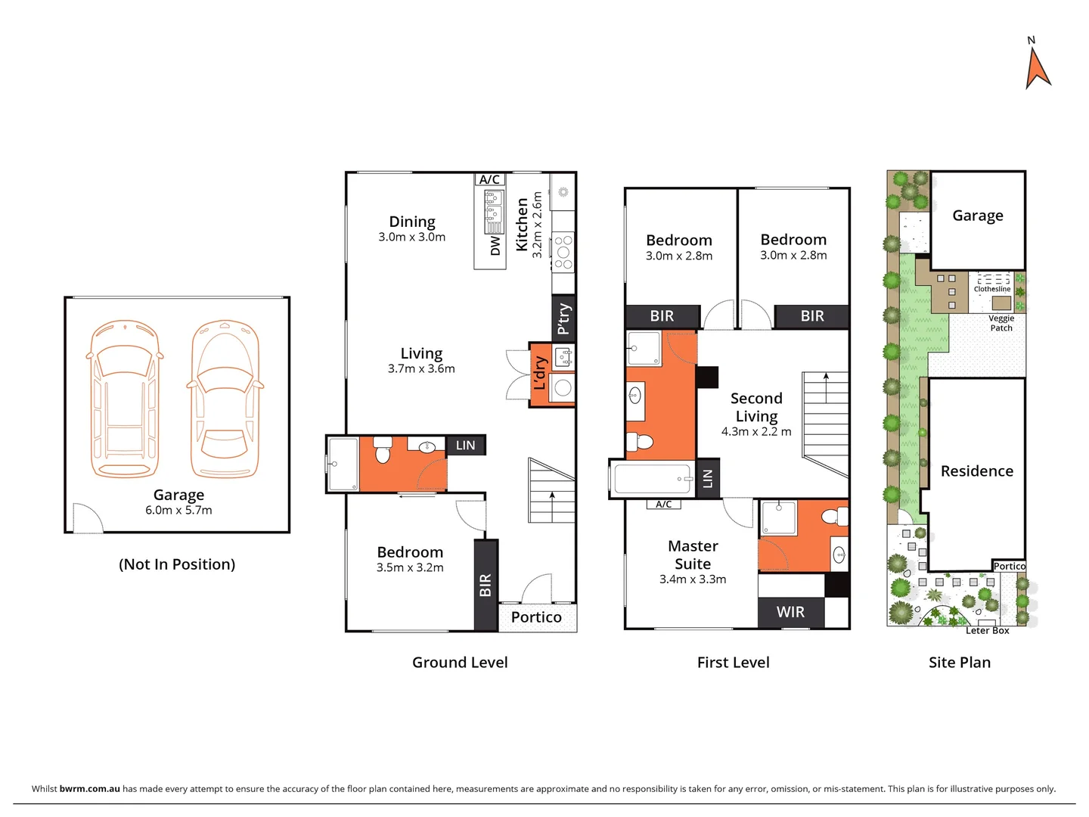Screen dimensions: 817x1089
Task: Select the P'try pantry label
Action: coord(563,318)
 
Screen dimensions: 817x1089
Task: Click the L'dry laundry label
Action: coord(539,374)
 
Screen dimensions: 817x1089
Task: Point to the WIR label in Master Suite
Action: coord(790,612)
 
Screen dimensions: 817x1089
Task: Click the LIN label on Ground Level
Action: coord(465,446)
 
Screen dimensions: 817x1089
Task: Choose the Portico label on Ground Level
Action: coord(536,617)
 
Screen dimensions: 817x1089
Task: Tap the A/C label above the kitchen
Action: coord(489,179)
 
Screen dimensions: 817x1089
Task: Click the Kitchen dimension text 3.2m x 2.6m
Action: coord(538,225)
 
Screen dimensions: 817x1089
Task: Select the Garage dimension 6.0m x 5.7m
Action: coord(178,511)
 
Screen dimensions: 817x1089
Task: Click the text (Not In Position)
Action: coord(177,564)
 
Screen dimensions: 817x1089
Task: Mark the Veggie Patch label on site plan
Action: coord(1001,323)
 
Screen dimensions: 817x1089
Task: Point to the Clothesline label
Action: coord(991,289)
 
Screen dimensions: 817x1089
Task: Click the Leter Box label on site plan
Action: coord(987,630)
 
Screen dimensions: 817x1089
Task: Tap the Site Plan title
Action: coord(959,663)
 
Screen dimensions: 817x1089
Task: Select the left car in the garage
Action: coord(125,399)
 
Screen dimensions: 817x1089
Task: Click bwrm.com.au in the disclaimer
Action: coord(89,788)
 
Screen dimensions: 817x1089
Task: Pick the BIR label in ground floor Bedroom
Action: coord(486,585)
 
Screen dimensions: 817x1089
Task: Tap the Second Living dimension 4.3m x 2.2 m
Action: coord(755,432)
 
